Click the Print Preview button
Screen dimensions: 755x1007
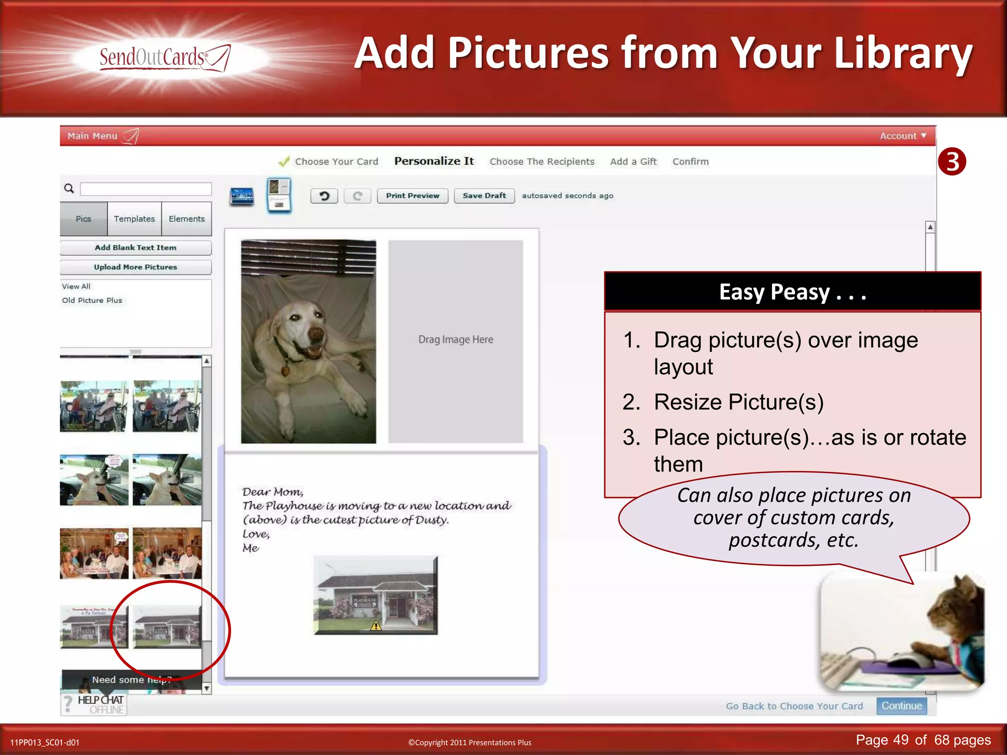point(412,196)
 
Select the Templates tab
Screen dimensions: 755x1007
point(134,219)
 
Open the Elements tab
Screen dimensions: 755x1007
point(186,219)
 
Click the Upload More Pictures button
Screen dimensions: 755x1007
point(135,267)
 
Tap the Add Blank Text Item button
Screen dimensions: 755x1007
point(135,248)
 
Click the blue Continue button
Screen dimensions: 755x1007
point(901,706)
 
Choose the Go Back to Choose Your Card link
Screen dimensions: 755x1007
point(794,706)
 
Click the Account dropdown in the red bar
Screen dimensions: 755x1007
point(902,136)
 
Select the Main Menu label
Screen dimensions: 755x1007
point(92,136)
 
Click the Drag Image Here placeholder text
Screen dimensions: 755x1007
point(455,340)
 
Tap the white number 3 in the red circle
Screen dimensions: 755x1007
point(952,162)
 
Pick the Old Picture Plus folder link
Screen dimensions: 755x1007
point(92,300)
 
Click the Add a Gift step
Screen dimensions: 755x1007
point(633,162)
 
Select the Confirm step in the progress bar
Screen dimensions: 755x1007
point(690,162)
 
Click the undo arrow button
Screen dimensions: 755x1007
point(324,196)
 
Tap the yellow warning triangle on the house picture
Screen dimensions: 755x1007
point(376,626)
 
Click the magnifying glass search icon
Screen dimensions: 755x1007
point(69,188)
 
